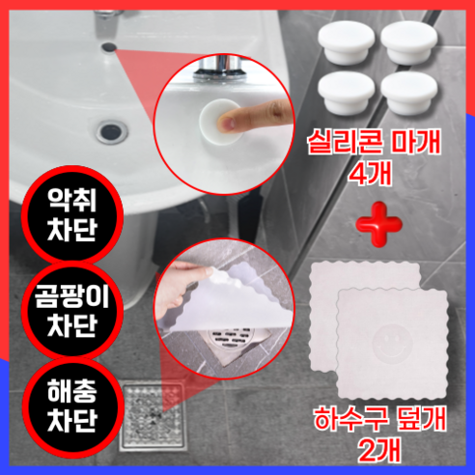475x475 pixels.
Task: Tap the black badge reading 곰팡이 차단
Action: tap(70, 309)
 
